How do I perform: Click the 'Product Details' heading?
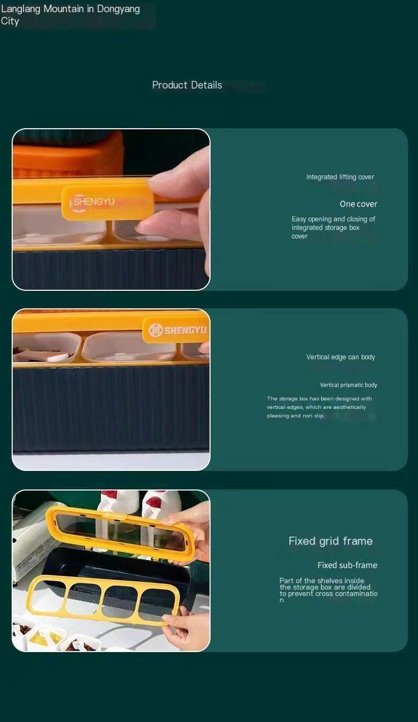187,85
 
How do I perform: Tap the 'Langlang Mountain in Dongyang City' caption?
70,15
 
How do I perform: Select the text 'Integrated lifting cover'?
340,177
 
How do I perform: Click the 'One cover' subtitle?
358,204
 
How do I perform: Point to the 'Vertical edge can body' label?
341,357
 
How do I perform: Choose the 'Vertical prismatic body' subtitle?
349,385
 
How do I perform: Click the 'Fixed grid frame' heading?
330,541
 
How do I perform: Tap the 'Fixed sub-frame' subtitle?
348,565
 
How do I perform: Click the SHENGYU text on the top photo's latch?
94,202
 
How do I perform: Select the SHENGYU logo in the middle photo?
177,329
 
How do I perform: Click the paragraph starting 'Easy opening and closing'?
333,228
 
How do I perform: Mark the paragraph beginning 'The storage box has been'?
320,407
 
